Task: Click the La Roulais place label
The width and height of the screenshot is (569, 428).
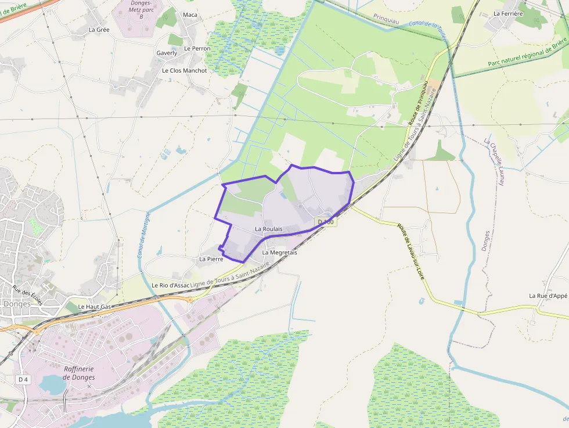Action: tap(268, 229)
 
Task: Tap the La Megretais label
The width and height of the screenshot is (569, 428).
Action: tap(279, 253)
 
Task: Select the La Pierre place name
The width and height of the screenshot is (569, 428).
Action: tap(211, 259)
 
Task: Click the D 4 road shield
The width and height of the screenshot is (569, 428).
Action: tap(23, 379)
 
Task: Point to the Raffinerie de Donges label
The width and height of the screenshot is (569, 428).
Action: tap(79, 373)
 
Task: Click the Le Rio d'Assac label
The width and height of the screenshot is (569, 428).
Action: tap(171, 286)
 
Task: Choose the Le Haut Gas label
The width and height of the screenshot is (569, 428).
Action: tap(94, 307)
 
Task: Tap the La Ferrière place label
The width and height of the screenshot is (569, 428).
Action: tap(508, 13)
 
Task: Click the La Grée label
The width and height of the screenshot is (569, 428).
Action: tap(99, 29)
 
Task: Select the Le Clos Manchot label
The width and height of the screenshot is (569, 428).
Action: tap(184, 70)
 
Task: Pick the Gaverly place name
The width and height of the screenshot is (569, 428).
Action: tap(167, 53)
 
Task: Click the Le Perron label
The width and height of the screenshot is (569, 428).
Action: tap(197, 48)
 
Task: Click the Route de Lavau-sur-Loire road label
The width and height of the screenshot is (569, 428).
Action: tap(411, 251)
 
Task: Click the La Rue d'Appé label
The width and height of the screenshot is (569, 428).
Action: tap(548, 296)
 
